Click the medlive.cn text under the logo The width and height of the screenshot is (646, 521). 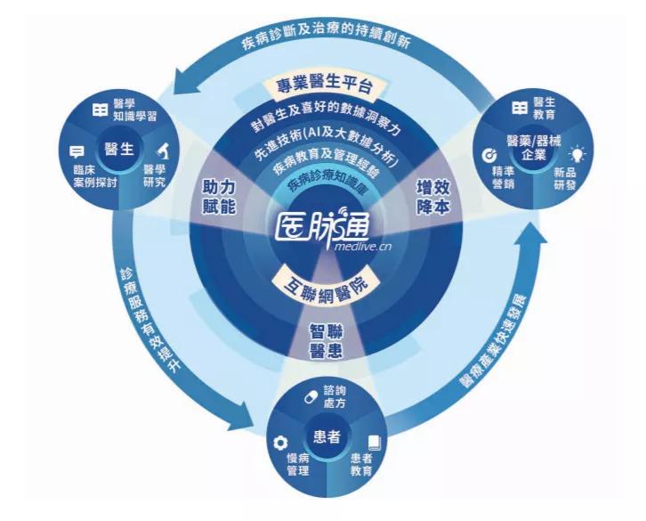click(363, 247)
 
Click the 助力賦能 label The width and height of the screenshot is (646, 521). click(218, 197)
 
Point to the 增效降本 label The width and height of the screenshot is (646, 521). click(432, 197)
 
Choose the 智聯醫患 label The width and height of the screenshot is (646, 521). click(326, 341)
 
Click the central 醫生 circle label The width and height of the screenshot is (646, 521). click(119, 149)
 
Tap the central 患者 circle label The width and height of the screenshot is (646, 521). click(327, 436)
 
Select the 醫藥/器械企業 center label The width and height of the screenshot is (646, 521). click(534, 149)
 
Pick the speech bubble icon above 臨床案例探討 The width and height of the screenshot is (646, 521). click(77, 151)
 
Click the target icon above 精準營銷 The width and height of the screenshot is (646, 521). click(490, 155)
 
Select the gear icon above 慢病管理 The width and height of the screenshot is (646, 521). click(280, 443)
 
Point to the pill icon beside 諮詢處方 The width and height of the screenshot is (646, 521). click(311, 397)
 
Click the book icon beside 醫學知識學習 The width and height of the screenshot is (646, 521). click(101, 110)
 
